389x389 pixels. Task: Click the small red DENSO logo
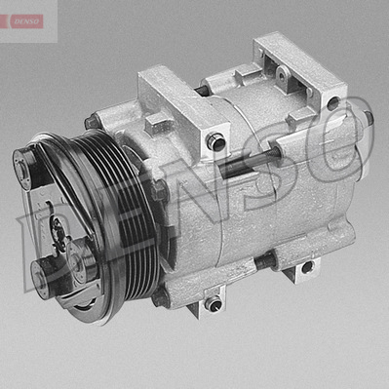pyautogui.click(x=26, y=21)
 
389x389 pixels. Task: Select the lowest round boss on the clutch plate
pyautogui.click(x=43, y=277)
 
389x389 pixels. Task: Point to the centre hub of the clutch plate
pyautogui.click(x=58, y=231)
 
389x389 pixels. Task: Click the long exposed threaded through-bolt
pyautogui.click(x=248, y=162)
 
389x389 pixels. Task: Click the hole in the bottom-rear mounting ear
pyautogui.click(x=306, y=267)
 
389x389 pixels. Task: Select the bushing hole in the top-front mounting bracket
pyautogui.click(x=215, y=141)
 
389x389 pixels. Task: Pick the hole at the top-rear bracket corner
pyautogui.click(x=332, y=103)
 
